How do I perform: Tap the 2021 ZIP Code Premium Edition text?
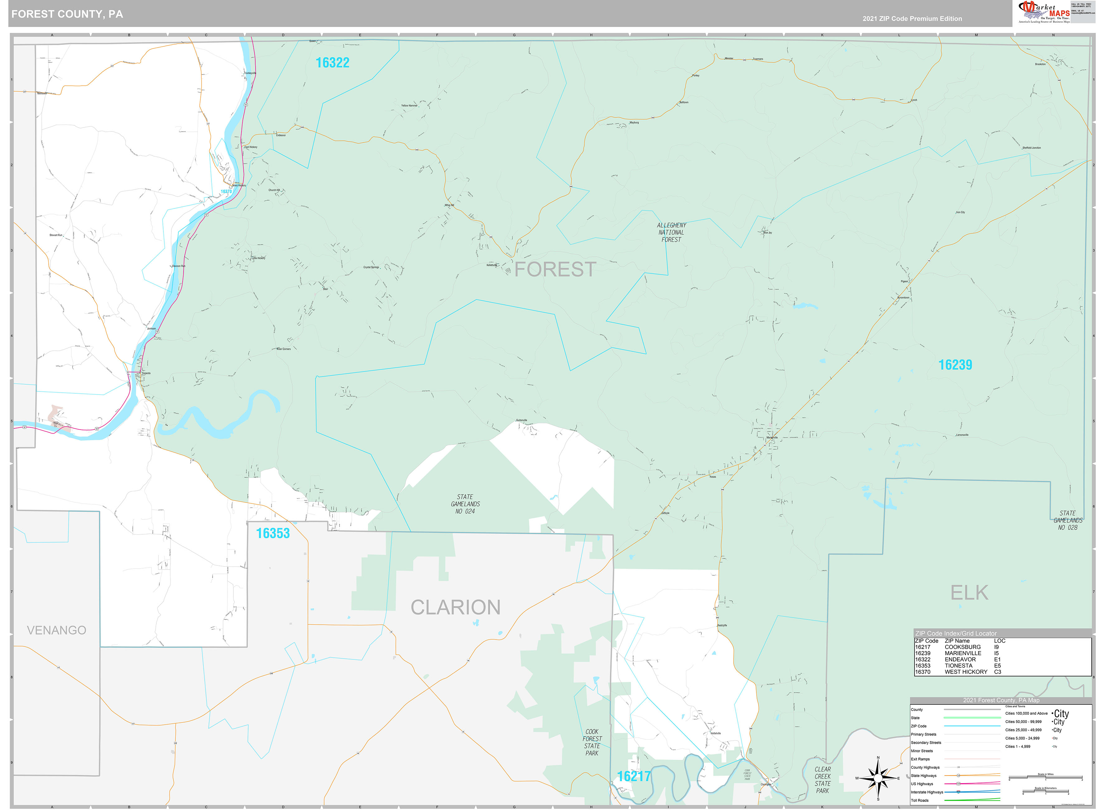click(912, 19)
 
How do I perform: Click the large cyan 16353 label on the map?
click(273, 533)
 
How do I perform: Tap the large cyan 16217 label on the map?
click(634, 776)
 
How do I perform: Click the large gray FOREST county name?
click(555, 269)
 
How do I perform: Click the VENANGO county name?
click(56, 630)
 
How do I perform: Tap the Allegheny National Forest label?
click(671, 232)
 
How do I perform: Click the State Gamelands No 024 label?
click(465, 504)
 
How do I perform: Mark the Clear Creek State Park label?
click(822, 779)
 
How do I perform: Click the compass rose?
click(878, 778)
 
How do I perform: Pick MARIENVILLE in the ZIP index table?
click(963, 653)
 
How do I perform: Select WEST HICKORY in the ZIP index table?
click(966, 672)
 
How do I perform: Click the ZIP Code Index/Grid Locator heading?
click(956, 633)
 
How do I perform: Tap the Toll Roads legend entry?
click(920, 800)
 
